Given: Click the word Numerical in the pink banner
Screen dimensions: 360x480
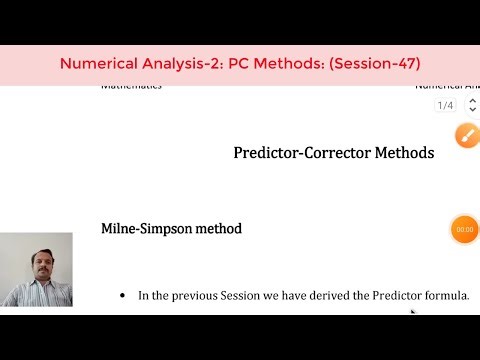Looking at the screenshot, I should pos(99,63).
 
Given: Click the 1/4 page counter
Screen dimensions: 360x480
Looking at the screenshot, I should pos(444,105).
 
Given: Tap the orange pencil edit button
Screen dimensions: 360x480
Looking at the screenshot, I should pos(465,136).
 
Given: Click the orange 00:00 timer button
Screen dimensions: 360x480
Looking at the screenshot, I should pos(464,229).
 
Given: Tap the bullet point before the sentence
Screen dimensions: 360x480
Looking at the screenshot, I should pos(122,296).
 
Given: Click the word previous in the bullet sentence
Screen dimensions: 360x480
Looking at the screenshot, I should pos(194,295).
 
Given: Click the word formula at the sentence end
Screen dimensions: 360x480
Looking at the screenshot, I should pos(447,295).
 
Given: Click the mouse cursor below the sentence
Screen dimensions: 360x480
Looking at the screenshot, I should pos(413,311).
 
